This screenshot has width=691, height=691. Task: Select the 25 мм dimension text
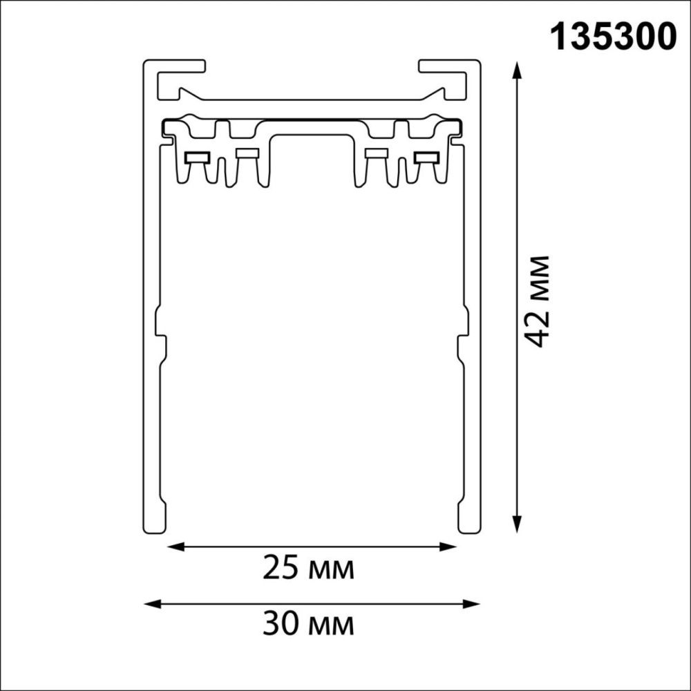click(308, 569)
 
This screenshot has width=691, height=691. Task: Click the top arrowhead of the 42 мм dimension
click(518, 70)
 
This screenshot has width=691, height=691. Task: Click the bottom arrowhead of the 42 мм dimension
click(518, 524)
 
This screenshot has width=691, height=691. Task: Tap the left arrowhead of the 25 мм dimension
click(176, 547)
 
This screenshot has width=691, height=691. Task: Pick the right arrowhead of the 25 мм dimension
click(447, 547)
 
